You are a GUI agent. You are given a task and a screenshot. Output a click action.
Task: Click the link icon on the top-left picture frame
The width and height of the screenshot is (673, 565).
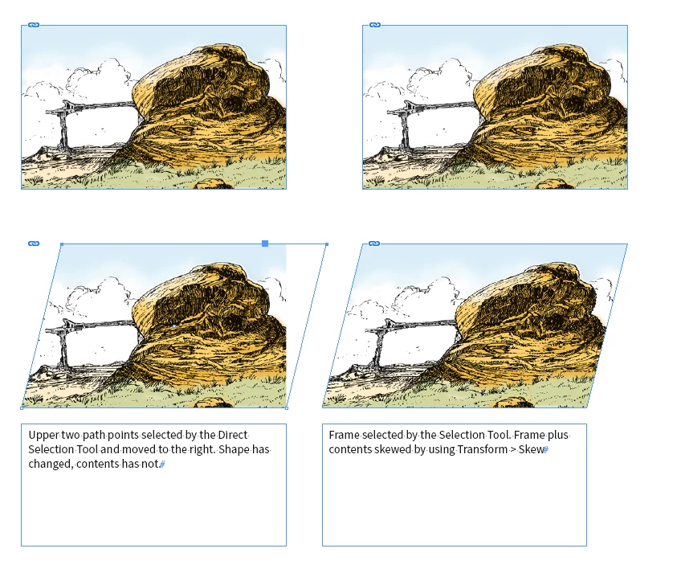34,25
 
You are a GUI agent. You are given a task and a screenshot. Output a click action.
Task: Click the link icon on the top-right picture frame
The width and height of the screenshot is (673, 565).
375,25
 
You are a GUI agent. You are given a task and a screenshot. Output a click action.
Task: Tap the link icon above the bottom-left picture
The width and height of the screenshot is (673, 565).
34,244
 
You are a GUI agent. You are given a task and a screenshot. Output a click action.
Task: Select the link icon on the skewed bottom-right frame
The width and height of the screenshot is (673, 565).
374,244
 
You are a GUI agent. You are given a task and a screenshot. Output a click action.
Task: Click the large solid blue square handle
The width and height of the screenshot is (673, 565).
265,244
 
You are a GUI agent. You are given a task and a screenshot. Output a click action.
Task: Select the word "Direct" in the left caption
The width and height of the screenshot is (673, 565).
233,435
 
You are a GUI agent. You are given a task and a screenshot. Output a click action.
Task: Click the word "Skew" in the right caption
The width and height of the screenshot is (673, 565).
531,449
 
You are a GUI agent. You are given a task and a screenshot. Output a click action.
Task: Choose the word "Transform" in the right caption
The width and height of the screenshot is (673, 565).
483,449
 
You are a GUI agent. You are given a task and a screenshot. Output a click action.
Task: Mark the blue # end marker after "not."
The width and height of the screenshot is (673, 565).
162,465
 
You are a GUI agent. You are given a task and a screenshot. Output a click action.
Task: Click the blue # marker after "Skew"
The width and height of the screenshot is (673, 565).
546,450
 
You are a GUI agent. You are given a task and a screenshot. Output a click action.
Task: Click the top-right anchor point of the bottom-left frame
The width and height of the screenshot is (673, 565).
327,244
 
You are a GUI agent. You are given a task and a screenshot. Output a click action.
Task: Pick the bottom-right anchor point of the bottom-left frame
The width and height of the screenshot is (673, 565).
287,407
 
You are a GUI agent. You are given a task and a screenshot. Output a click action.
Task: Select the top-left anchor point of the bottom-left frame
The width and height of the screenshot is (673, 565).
62,244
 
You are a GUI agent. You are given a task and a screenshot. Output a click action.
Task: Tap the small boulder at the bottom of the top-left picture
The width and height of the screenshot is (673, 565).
214,184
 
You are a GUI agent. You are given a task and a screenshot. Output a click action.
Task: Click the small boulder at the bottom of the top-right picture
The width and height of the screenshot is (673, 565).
555,184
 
